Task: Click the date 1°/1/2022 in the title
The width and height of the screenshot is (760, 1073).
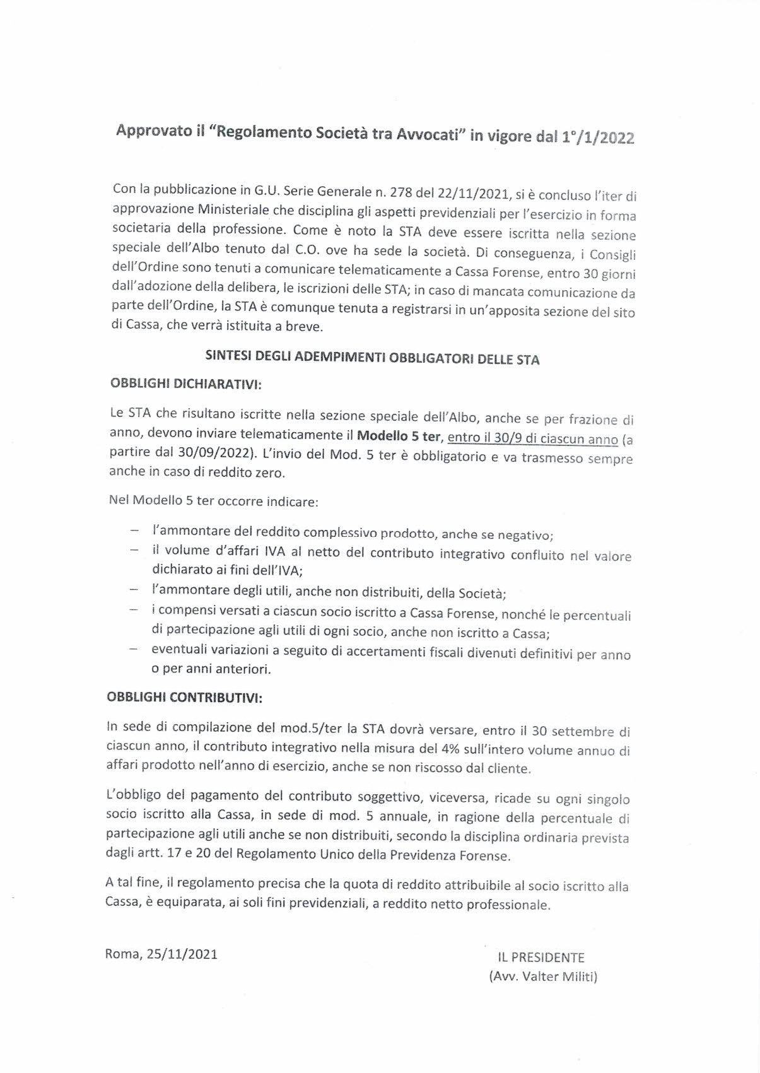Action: point(597,138)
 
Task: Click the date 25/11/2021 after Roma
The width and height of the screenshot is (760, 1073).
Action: point(182,954)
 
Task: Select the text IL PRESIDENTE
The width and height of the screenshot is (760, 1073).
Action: point(541,958)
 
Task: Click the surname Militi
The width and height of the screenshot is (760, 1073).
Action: point(575,976)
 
